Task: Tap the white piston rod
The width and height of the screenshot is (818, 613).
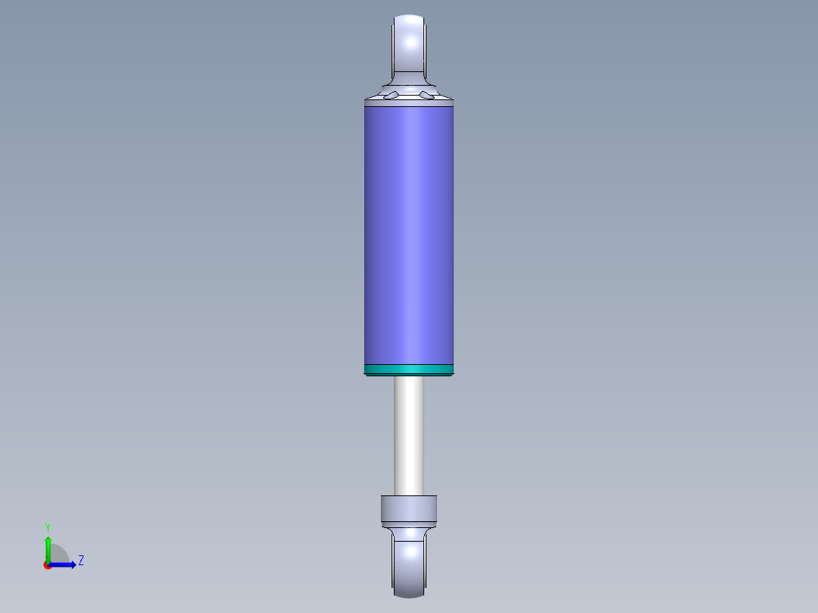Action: click(408, 436)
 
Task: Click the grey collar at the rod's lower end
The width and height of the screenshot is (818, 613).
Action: click(408, 508)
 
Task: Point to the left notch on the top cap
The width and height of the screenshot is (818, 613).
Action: click(392, 94)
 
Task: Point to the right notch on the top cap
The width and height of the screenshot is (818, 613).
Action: click(426, 96)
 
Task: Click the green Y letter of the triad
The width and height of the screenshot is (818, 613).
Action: click(47, 527)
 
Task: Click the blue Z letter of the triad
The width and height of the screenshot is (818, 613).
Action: click(80, 561)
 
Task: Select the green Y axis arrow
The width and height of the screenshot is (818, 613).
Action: click(47, 550)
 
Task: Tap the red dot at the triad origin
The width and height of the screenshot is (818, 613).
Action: click(47, 565)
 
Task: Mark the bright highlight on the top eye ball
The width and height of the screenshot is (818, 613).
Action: click(414, 34)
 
